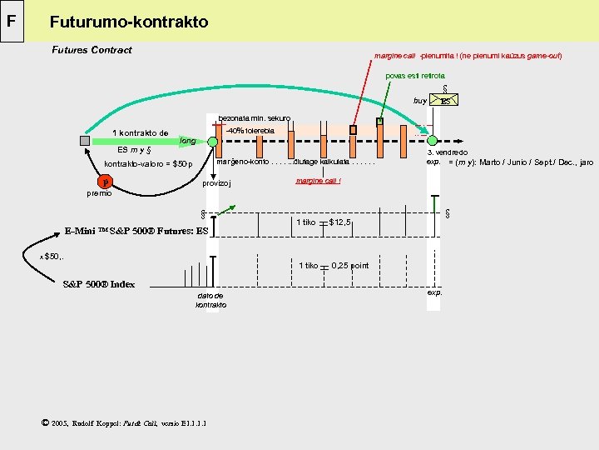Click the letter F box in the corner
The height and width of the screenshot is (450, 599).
coord(13,20)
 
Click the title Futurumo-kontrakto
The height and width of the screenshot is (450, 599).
coord(129,22)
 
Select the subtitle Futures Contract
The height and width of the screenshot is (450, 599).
coord(92,50)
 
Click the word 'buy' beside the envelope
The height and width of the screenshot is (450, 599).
coord(419,101)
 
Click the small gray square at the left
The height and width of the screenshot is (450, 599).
coord(85,141)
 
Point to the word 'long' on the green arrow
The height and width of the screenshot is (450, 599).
coord(188,142)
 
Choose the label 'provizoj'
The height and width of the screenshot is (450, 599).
coord(217,183)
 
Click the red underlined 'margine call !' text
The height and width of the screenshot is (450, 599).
coord(319,181)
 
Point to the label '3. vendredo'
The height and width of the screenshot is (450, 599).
coord(446,152)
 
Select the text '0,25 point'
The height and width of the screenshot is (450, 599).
coord(349,266)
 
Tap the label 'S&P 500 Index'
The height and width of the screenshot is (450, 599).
coord(99,284)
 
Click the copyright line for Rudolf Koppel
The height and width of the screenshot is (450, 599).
coord(123,422)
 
